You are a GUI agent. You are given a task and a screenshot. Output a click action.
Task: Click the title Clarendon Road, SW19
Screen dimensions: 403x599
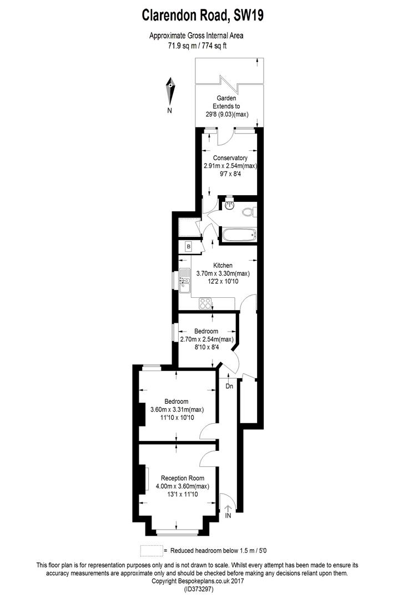tap(203, 16)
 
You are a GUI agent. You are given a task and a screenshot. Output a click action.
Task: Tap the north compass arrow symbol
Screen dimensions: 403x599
tap(170, 92)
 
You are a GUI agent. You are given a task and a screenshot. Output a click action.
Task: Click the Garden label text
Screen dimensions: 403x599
tap(226, 98)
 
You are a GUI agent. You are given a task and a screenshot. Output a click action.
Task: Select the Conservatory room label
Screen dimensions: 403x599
tap(230, 158)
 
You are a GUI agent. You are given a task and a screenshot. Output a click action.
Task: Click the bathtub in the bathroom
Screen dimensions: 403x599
tap(239, 235)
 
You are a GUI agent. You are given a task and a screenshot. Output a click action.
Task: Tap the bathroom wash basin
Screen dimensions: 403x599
tap(229, 206)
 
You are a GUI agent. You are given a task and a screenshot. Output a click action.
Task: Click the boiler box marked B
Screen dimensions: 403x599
tap(189, 247)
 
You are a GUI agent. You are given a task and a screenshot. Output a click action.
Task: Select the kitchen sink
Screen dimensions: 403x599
tap(185, 280)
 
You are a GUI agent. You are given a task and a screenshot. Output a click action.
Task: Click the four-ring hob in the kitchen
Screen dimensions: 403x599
tap(205, 304)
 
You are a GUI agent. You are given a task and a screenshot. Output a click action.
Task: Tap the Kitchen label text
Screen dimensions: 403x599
tap(223, 266)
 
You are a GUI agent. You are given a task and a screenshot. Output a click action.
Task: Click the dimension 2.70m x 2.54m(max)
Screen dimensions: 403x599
tap(206, 339)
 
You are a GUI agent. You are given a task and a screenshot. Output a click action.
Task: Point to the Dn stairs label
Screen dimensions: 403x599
tap(229, 386)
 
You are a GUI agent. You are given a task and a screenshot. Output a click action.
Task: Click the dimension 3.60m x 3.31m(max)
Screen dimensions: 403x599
tap(177, 409)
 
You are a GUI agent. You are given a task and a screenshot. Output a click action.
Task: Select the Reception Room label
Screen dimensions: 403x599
tap(183, 478)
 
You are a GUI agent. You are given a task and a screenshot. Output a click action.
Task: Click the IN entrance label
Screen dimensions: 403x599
tap(228, 516)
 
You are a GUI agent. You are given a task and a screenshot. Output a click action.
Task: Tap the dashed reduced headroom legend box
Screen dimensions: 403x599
tap(152, 551)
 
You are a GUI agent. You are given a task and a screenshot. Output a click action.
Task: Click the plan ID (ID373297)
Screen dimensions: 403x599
tap(198, 589)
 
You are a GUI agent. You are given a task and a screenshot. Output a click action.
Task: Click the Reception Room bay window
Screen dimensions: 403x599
tap(177, 531)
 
